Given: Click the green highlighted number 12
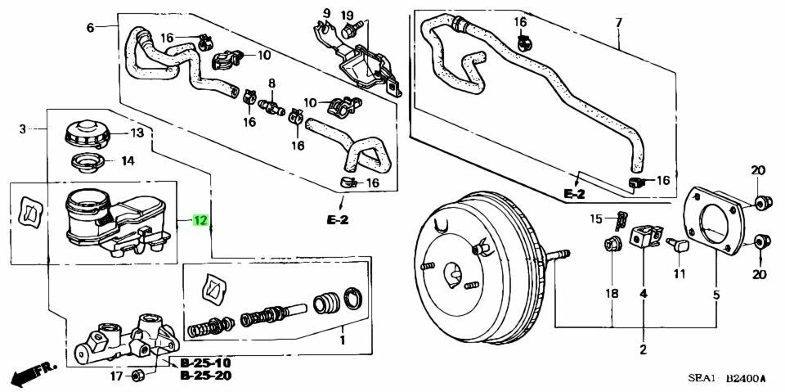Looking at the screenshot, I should click(200, 220).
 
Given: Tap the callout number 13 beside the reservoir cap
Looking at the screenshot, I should click(137, 133).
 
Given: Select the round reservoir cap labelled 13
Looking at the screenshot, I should click(84, 135).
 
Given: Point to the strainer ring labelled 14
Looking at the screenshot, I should click(85, 163).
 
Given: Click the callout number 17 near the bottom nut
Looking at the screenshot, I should click(116, 376).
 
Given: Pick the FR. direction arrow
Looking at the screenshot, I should click(33, 374).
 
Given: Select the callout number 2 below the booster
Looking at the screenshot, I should click(643, 350).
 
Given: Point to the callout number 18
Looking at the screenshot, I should click(612, 293).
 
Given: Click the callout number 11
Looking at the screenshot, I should click(679, 274).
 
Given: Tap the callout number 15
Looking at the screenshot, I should click(597, 218).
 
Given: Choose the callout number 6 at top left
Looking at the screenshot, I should click(90, 28).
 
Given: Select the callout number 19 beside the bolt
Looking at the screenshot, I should click(347, 15).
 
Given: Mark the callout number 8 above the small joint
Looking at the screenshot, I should click(271, 83).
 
